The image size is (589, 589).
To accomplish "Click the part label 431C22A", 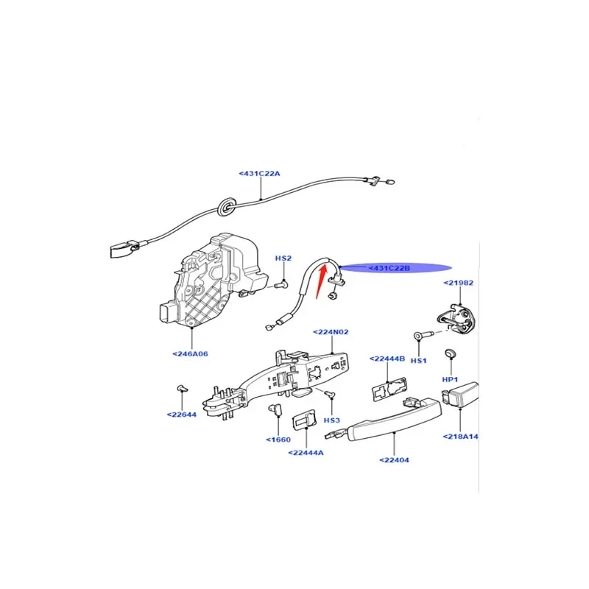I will [260, 173].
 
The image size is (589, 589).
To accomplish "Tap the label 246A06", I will [191, 354].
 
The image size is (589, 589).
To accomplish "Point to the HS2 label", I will [283, 258].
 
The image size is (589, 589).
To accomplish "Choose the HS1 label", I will [419, 360].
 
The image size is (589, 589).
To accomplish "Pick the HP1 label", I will [451, 378].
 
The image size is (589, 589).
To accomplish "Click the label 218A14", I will [461, 437].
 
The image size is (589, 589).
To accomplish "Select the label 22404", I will [395, 460].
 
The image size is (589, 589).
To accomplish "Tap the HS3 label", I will [333, 420].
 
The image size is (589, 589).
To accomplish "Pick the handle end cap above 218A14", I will [461, 398].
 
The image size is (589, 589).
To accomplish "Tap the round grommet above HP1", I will [449, 356].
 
